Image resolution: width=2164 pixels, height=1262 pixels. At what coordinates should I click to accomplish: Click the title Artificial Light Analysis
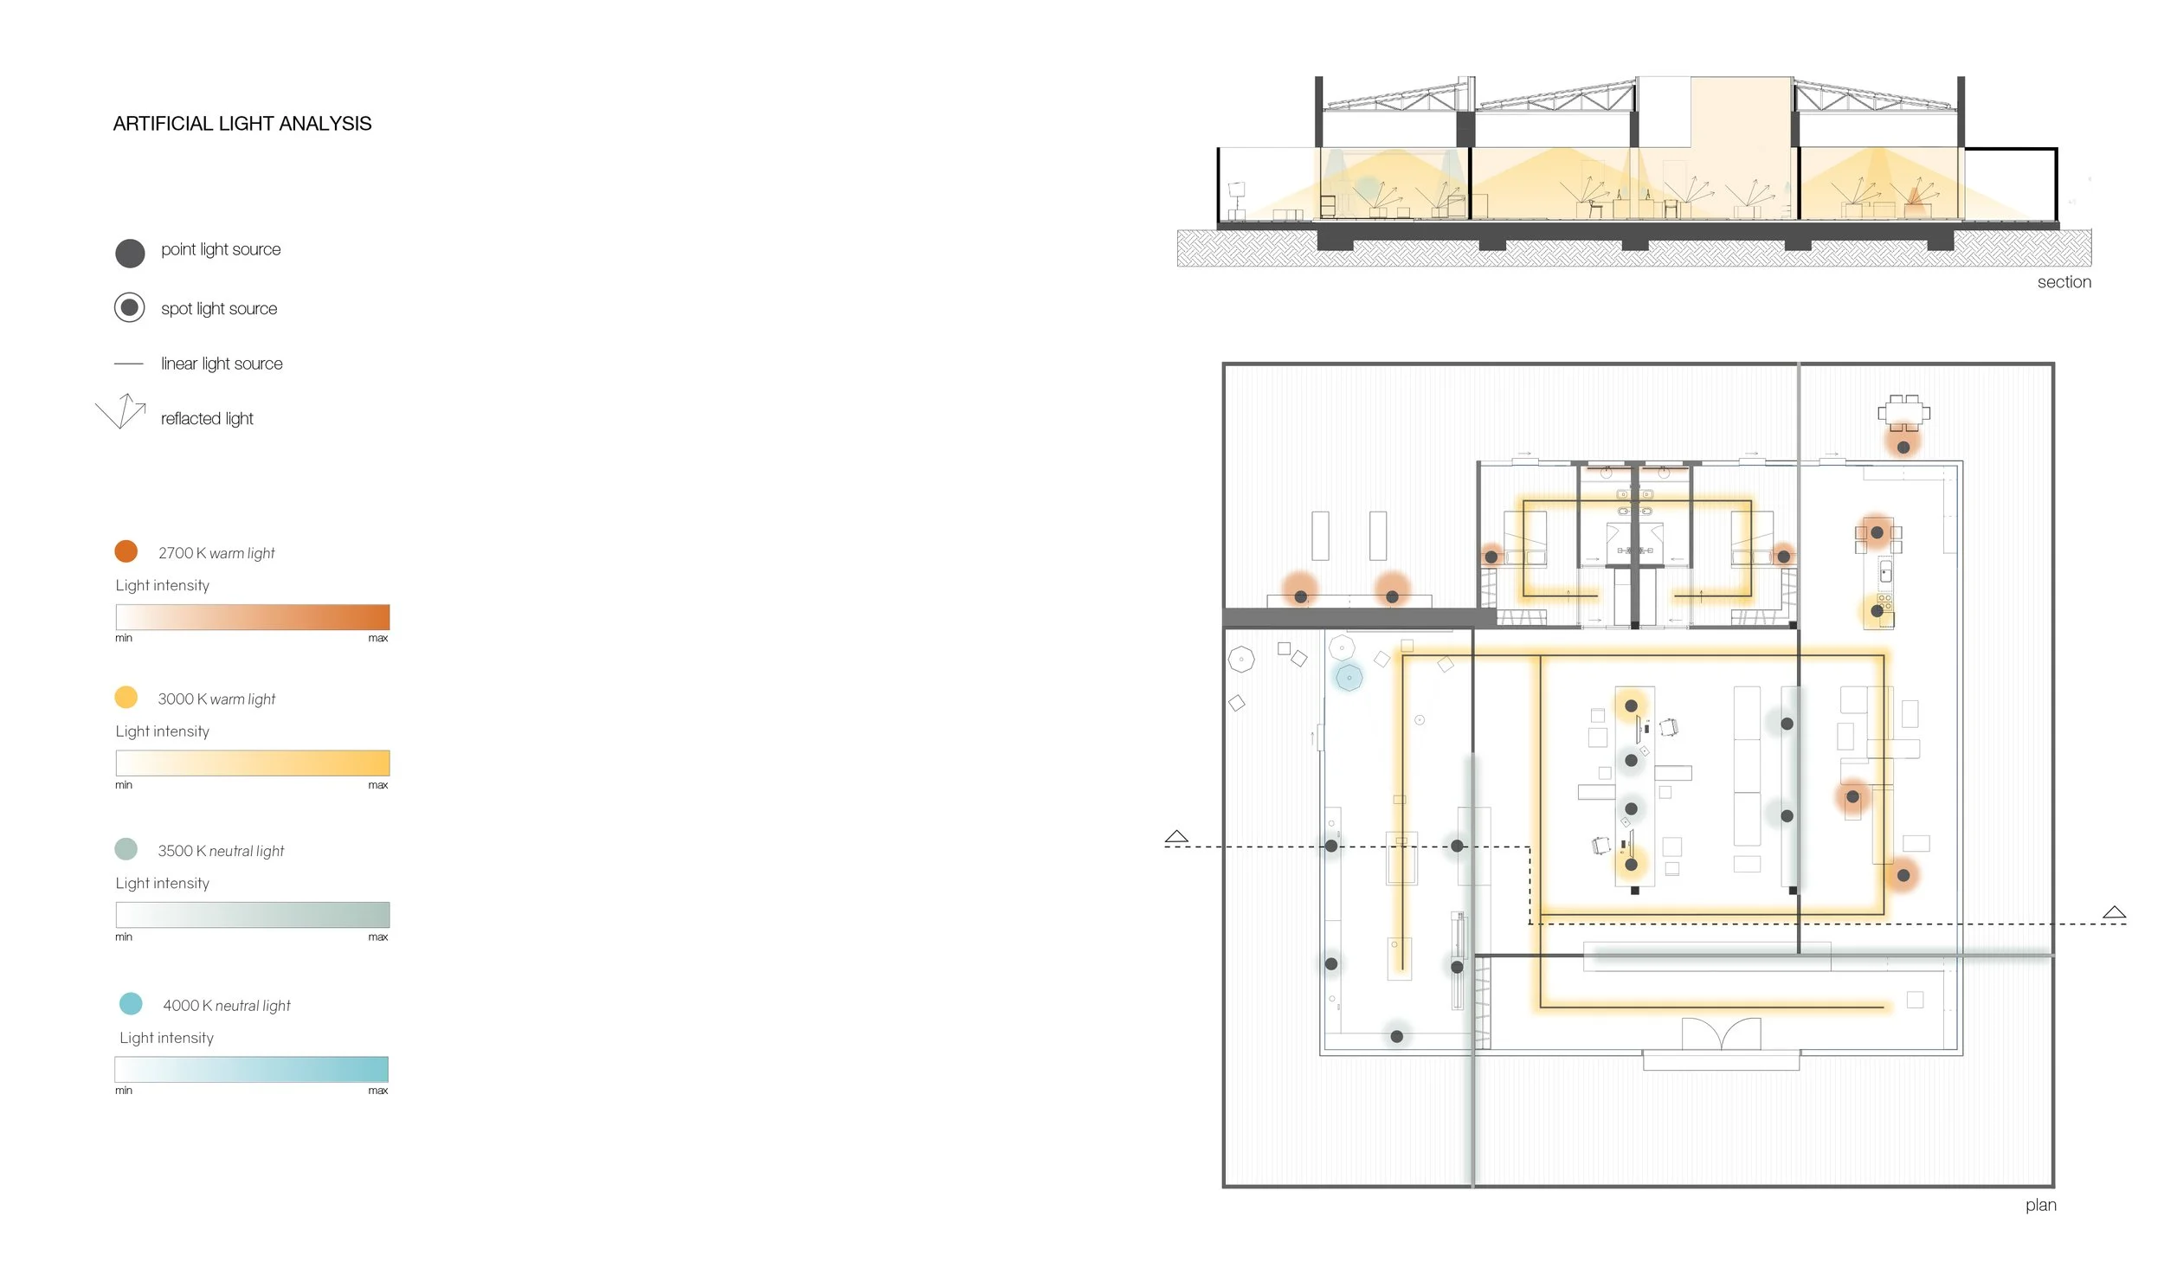tap(242, 124)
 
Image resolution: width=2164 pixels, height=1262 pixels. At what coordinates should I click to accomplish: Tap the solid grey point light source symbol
tap(130, 253)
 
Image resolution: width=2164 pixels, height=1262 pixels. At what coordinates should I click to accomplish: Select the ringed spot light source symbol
tap(130, 307)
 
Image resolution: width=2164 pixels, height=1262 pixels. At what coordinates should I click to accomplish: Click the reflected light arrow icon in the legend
tap(121, 411)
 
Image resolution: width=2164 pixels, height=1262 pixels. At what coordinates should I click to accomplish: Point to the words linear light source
tap(222, 364)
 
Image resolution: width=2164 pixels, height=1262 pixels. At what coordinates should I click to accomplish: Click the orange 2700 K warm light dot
tap(126, 551)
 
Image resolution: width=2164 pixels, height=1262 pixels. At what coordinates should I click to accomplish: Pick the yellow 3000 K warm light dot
tap(126, 697)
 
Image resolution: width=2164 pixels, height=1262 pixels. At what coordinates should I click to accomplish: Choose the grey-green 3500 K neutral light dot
tap(126, 848)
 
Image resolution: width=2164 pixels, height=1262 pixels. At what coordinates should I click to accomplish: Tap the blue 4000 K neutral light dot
tap(131, 1003)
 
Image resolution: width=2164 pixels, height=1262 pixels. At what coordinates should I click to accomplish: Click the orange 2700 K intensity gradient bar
tap(253, 617)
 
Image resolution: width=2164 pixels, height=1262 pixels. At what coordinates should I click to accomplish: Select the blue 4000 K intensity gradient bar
tap(252, 1069)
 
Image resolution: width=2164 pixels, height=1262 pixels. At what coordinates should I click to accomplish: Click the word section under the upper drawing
tap(2064, 282)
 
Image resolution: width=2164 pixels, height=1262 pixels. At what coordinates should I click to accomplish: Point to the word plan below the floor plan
tap(2040, 1205)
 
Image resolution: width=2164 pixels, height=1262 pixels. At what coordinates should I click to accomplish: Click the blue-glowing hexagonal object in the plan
tap(1349, 677)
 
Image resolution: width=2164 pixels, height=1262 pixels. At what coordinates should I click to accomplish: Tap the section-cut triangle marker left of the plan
tap(1176, 836)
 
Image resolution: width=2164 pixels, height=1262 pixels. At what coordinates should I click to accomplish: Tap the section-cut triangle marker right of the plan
tap(2115, 912)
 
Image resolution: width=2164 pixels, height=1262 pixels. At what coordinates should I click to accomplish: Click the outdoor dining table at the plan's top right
tap(1903, 413)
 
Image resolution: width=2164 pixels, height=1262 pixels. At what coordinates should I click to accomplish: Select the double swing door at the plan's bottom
tap(1722, 1033)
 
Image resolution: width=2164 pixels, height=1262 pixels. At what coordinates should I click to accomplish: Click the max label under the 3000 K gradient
tap(377, 785)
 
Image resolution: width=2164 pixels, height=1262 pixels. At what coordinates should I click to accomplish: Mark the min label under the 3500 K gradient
tap(124, 937)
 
